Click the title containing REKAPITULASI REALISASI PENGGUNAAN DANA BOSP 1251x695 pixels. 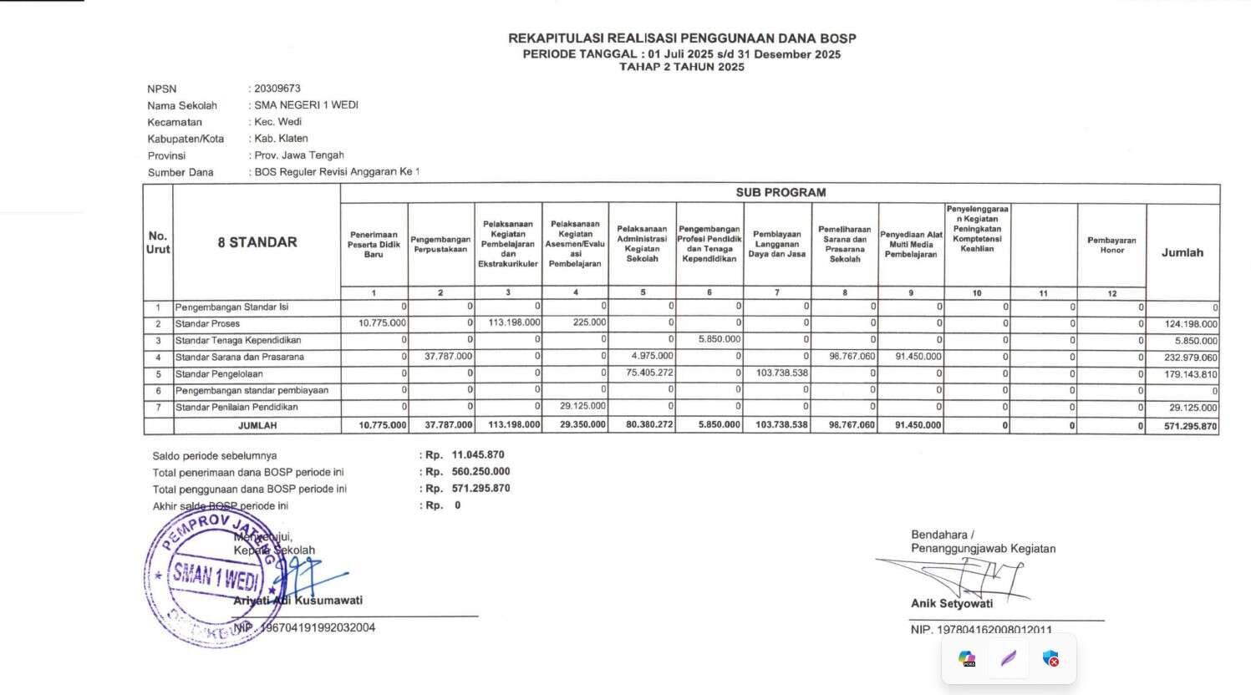click(x=682, y=38)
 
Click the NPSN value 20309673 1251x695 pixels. click(x=277, y=89)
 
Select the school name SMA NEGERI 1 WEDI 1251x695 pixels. click(x=306, y=105)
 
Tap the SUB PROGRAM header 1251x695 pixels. click(x=781, y=192)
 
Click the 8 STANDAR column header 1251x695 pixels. click(x=257, y=242)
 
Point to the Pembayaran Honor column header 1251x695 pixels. click(x=1111, y=245)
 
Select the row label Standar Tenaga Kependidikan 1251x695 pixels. click(x=238, y=341)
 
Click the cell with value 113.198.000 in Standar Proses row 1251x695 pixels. click(x=514, y=323)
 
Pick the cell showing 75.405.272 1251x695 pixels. click(x=649, y=373)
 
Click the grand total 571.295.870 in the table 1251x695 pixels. click(x=1191, y=426)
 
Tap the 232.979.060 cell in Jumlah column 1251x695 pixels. click(x=1191, y=358)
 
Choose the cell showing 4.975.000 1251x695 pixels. click(x=652, y=357)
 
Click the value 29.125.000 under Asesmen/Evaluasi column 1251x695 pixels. click(x=582, y=407)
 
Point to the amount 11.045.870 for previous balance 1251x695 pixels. click(x=478, y=455)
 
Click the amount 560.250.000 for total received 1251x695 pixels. click(x=481, y=472)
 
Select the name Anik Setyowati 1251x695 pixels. click(x=952, y=603)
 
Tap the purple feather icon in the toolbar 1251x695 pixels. click(x=1009, y=658)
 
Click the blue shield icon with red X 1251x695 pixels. click(x=1051, y=658)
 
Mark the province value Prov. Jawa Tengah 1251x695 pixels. click(x=299, y=155)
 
